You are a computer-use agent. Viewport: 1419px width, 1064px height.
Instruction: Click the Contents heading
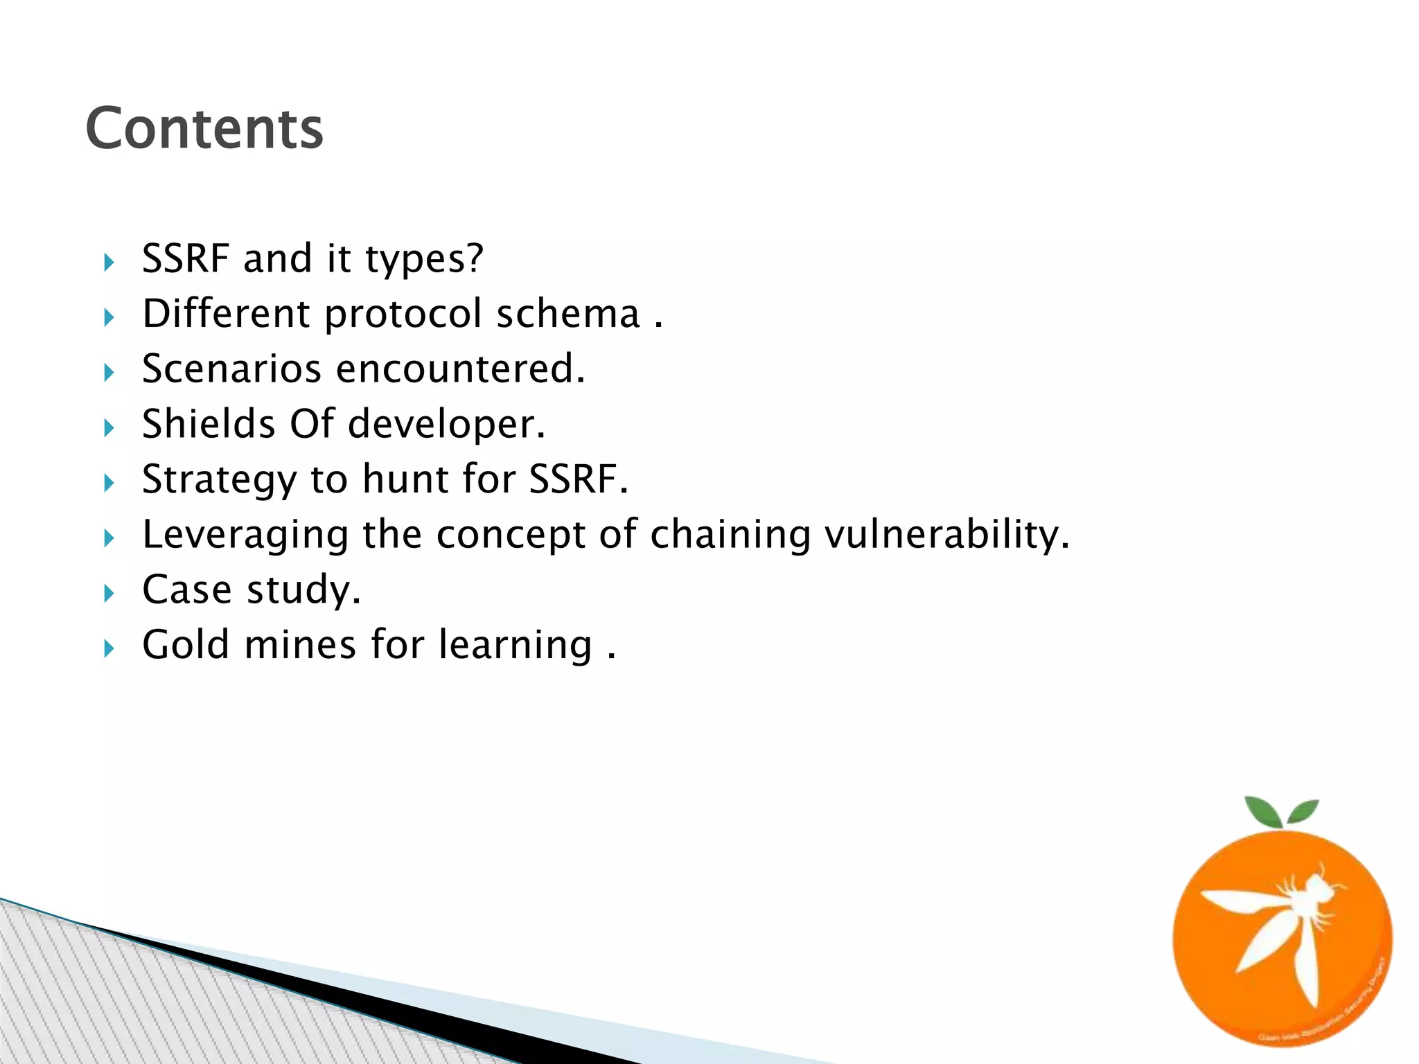pos(204,129)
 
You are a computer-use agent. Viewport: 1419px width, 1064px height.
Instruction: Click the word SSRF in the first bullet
pos(185,258)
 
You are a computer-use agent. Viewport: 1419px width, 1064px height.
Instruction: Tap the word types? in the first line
pos(424,260)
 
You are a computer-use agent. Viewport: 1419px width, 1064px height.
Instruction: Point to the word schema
pos(568,313)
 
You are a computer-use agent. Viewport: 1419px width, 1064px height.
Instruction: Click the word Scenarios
pos(231,369)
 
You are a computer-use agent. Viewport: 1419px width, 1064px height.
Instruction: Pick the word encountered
pos(461,369)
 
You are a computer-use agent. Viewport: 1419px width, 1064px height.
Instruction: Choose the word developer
pos(446,425)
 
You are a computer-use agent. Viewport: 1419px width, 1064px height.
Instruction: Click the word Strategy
pos(219,480)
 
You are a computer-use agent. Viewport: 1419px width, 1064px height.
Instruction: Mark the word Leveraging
pos(245,535)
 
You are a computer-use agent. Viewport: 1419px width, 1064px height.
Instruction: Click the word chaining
pos(730,535)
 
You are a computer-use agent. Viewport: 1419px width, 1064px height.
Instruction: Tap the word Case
pos(186,589)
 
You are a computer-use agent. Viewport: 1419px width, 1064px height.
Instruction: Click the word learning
pos(516,646)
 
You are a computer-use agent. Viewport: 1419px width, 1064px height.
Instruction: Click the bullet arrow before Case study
pos(109,594)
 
